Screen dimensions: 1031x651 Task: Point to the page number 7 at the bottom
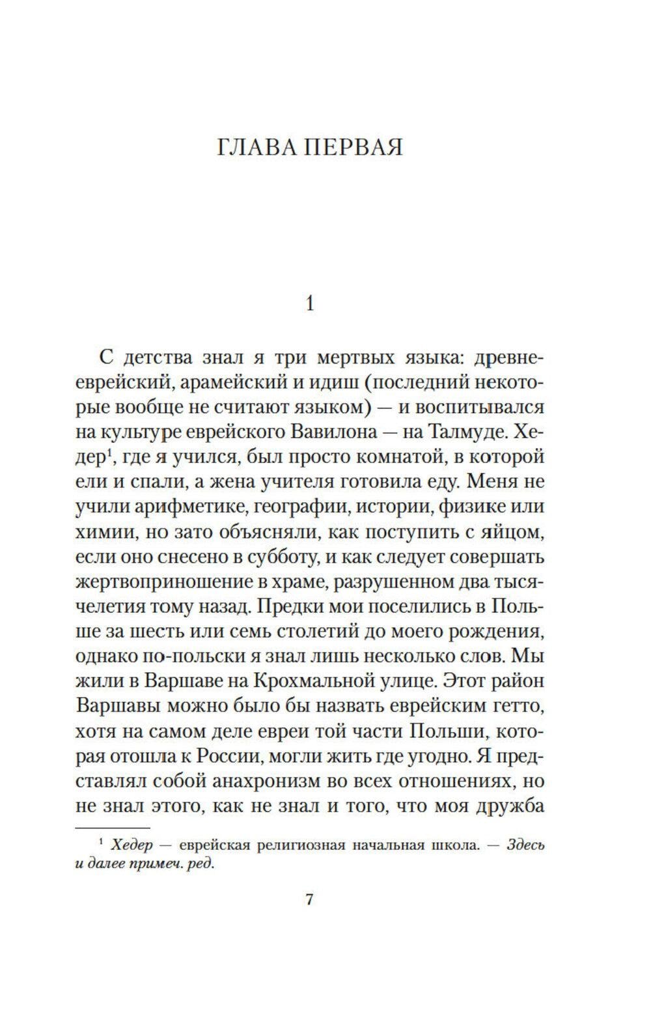pyautogui.click(x=310, y=900)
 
